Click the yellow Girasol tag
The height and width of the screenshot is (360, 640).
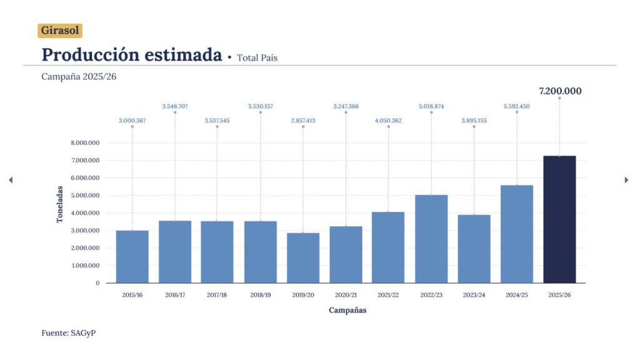click(x=60, y=31)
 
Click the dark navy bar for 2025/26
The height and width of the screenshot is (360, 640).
click(x=559, y=219)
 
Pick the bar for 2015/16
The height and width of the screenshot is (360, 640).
click(x=132, y=256)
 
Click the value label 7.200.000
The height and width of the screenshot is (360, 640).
click(x=560, y=91)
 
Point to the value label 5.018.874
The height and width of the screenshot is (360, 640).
click(x=431, y=106)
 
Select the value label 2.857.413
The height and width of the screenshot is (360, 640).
click(x=303, y=121)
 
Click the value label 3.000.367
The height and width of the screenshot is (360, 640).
click(x=132, y=121)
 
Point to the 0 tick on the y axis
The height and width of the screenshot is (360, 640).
click(x=97, y=283)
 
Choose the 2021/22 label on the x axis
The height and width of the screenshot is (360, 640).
click(x=388, y=295)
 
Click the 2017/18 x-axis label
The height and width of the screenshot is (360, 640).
click(x=217, y=295)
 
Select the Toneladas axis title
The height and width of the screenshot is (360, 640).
click(x=60, y=204)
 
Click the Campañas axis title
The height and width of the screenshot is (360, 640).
click(x=347, y=311)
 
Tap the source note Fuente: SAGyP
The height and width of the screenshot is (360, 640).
click(x=68, y=333)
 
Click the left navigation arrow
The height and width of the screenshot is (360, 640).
click(x=10, y=180)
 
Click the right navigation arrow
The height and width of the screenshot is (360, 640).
click(x=626, y=180)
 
